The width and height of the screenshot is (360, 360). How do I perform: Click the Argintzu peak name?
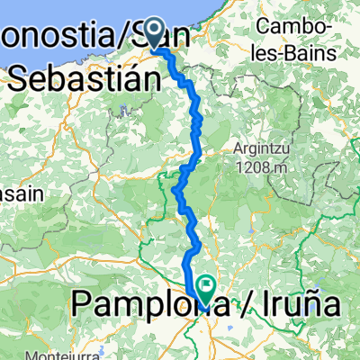[262, 150]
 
